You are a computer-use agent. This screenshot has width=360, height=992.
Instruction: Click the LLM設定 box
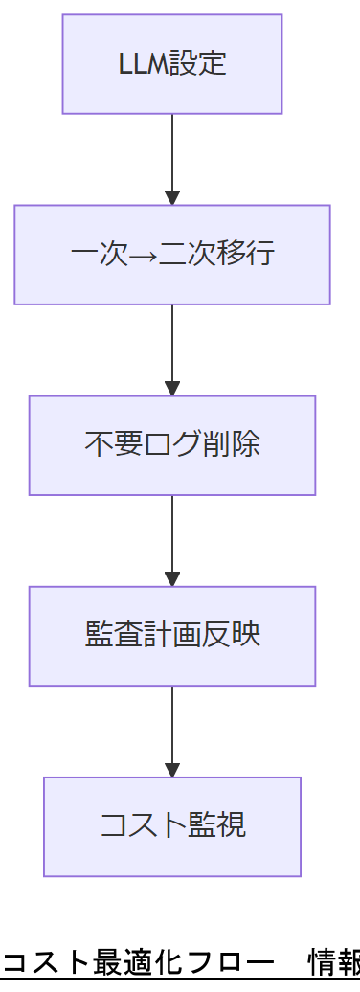point(172,64)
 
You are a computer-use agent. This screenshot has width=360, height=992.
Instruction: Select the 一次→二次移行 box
point(172,255)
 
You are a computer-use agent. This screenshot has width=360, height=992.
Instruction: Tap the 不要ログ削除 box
point(172,445)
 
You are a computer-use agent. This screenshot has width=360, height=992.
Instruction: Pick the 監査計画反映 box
point(172,636)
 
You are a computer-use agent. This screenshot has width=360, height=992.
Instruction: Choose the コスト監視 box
point(172,826)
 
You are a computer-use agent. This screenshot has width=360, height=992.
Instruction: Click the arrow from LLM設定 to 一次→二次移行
point(172,158)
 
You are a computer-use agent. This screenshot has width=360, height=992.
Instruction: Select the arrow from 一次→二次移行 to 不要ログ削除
point(172,349)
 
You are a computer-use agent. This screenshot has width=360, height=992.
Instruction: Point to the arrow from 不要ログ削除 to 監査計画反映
point(172,540)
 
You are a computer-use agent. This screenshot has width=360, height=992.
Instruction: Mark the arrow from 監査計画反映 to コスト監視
point(172,731)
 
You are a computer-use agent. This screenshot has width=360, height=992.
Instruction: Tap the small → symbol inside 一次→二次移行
point(139,255)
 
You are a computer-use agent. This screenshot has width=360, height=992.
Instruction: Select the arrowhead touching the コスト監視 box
point(172,770)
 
